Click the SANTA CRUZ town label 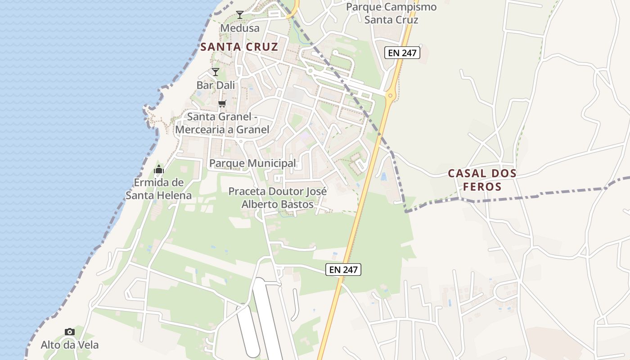point(239,47)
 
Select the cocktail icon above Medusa point(240,15)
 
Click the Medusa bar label point(240,28)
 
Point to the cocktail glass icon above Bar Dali point(216,72)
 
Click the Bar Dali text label point(216,85)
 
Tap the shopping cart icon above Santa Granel point(222,104)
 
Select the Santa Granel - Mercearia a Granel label point(222,123)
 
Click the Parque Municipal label point(253,163)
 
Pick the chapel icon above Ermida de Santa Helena point(159,170)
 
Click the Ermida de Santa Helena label point(159,189)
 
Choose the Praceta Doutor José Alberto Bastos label point(278,198)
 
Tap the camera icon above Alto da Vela point(70,332)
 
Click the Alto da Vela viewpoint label point(70,345)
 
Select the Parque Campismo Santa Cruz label point(391,13)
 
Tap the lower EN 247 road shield point(344,270)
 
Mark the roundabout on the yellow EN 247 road point(390,95)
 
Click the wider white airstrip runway point(265,315)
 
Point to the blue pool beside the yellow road point(383,176)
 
